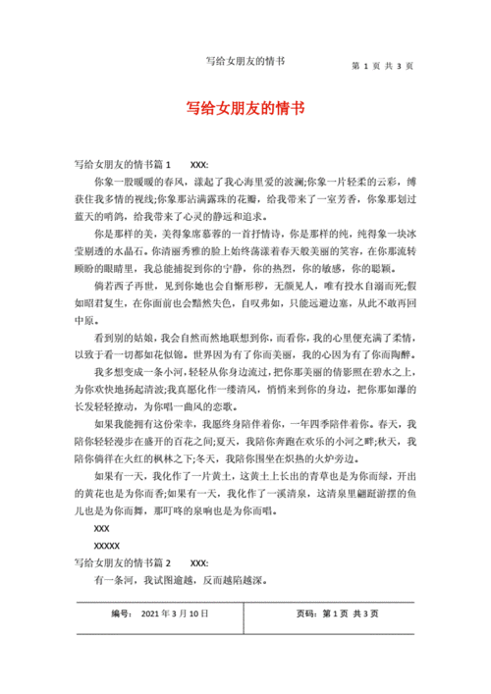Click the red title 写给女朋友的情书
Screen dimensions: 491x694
click(x=245, y=110)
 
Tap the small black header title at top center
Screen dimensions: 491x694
click(x=245, y=61)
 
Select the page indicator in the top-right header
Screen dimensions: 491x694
click(x=381, y=67)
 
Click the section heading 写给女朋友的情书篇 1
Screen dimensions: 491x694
click(x=123, y=164)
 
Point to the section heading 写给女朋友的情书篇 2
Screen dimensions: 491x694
click(x=123, y=563)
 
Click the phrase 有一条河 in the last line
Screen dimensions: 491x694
click(x=111, y=580)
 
